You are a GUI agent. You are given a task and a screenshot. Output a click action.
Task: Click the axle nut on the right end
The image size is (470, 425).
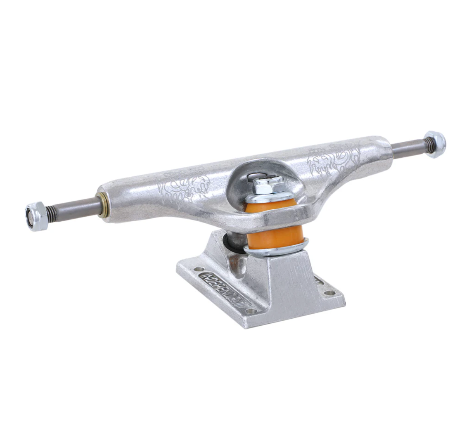point(435,144)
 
